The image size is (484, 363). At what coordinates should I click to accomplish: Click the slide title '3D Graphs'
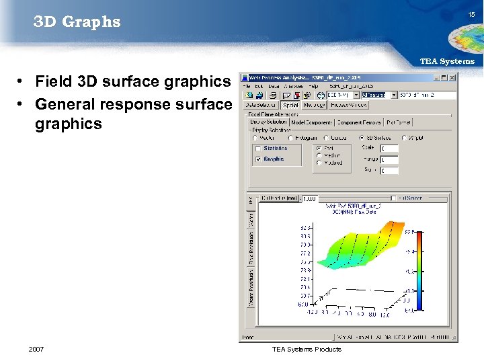click(77, 22)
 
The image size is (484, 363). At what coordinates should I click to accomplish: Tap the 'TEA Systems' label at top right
click(447, 61)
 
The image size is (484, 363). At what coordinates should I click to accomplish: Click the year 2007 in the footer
click(37, 349)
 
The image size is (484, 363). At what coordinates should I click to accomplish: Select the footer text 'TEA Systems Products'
click(307, 349)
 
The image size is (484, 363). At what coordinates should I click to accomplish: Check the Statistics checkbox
click(258, 149)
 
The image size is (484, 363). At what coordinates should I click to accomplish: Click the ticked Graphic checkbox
click(258, 159)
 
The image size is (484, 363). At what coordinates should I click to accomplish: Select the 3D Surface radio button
click(362, 138)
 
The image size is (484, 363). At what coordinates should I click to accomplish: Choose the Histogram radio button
click(290, 138)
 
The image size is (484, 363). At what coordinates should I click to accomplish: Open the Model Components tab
click(311, 122)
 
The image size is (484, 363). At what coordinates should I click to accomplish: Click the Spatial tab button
click(290, 105)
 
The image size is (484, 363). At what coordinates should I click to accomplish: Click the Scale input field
click(389, 149)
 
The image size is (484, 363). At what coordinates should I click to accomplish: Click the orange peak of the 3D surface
click(391, 234)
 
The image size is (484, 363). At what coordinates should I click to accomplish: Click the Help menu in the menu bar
click(313, 87)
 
